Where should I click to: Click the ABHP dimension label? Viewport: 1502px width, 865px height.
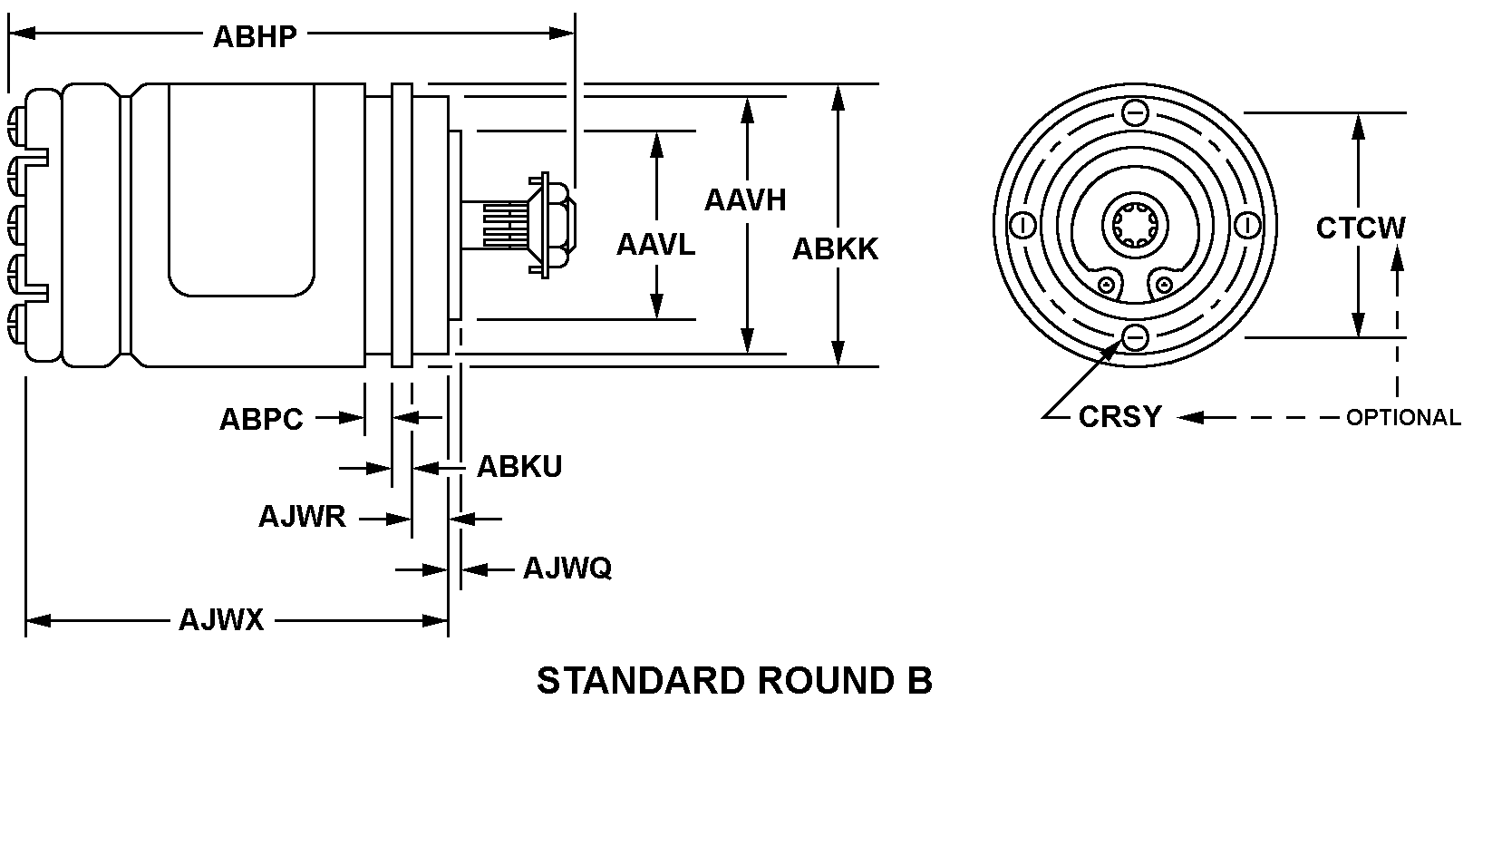[254, 36]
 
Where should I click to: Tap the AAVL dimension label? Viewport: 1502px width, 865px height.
[655, 245]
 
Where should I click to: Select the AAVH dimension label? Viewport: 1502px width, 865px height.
[745, 199]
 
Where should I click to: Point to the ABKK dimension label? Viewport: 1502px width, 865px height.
[835, 249]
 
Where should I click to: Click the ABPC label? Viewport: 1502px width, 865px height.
[261, 420]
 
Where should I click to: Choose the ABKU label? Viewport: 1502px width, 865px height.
[519, 467]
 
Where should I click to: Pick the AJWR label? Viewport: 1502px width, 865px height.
[302, 517]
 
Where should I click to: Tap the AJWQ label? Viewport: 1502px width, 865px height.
[567, 569]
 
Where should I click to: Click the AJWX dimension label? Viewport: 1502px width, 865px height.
[221, 620]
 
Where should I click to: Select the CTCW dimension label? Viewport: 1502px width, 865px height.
[1361, 228]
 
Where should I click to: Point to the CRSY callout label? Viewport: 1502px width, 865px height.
[1119, 417]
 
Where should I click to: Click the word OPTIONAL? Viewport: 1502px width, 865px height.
[1403, 418]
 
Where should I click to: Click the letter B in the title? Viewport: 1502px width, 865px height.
[919, 681]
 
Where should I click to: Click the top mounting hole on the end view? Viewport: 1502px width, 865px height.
[1135, 112]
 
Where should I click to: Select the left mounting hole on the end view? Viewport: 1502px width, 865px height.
[1022, 224]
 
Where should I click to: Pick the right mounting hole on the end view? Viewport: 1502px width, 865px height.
[1247, 224]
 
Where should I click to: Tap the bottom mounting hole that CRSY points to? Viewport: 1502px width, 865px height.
[1135, 337]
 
